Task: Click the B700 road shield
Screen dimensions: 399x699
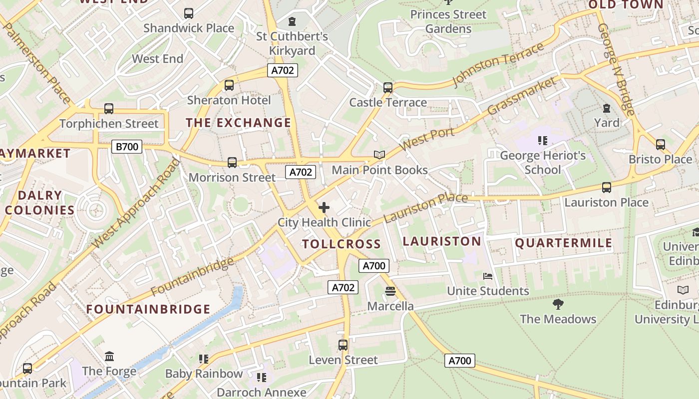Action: click(126, 147)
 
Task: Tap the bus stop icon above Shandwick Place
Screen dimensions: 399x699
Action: click(189, 13)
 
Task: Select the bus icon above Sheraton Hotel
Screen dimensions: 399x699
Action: click(229, 85)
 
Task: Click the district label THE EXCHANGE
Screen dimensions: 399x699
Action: click(238, 123)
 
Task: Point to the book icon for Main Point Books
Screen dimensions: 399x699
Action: click(379, 155)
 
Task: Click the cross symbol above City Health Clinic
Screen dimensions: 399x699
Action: click(324, 207)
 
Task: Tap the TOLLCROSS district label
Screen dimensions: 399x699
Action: click(342, 244)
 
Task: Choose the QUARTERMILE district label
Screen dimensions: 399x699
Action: click(563, 243)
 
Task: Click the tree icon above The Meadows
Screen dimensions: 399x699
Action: click(558, 304)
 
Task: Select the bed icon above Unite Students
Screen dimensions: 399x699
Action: click(487, 276)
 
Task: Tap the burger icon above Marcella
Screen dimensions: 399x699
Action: click(390, 291)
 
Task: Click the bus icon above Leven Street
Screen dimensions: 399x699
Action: click(343, 345)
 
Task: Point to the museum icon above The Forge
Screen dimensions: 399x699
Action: click(109, 356)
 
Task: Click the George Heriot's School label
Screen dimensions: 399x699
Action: click(543, 163)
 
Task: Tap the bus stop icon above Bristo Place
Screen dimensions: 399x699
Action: click(661, 145)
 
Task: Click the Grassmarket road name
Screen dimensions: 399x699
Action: click(521, 96)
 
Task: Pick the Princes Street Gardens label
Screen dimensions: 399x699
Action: click(448, 21)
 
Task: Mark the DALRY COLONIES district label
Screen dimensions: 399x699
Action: click(40, 202)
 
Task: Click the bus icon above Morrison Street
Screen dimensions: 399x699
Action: click(232, 162)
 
